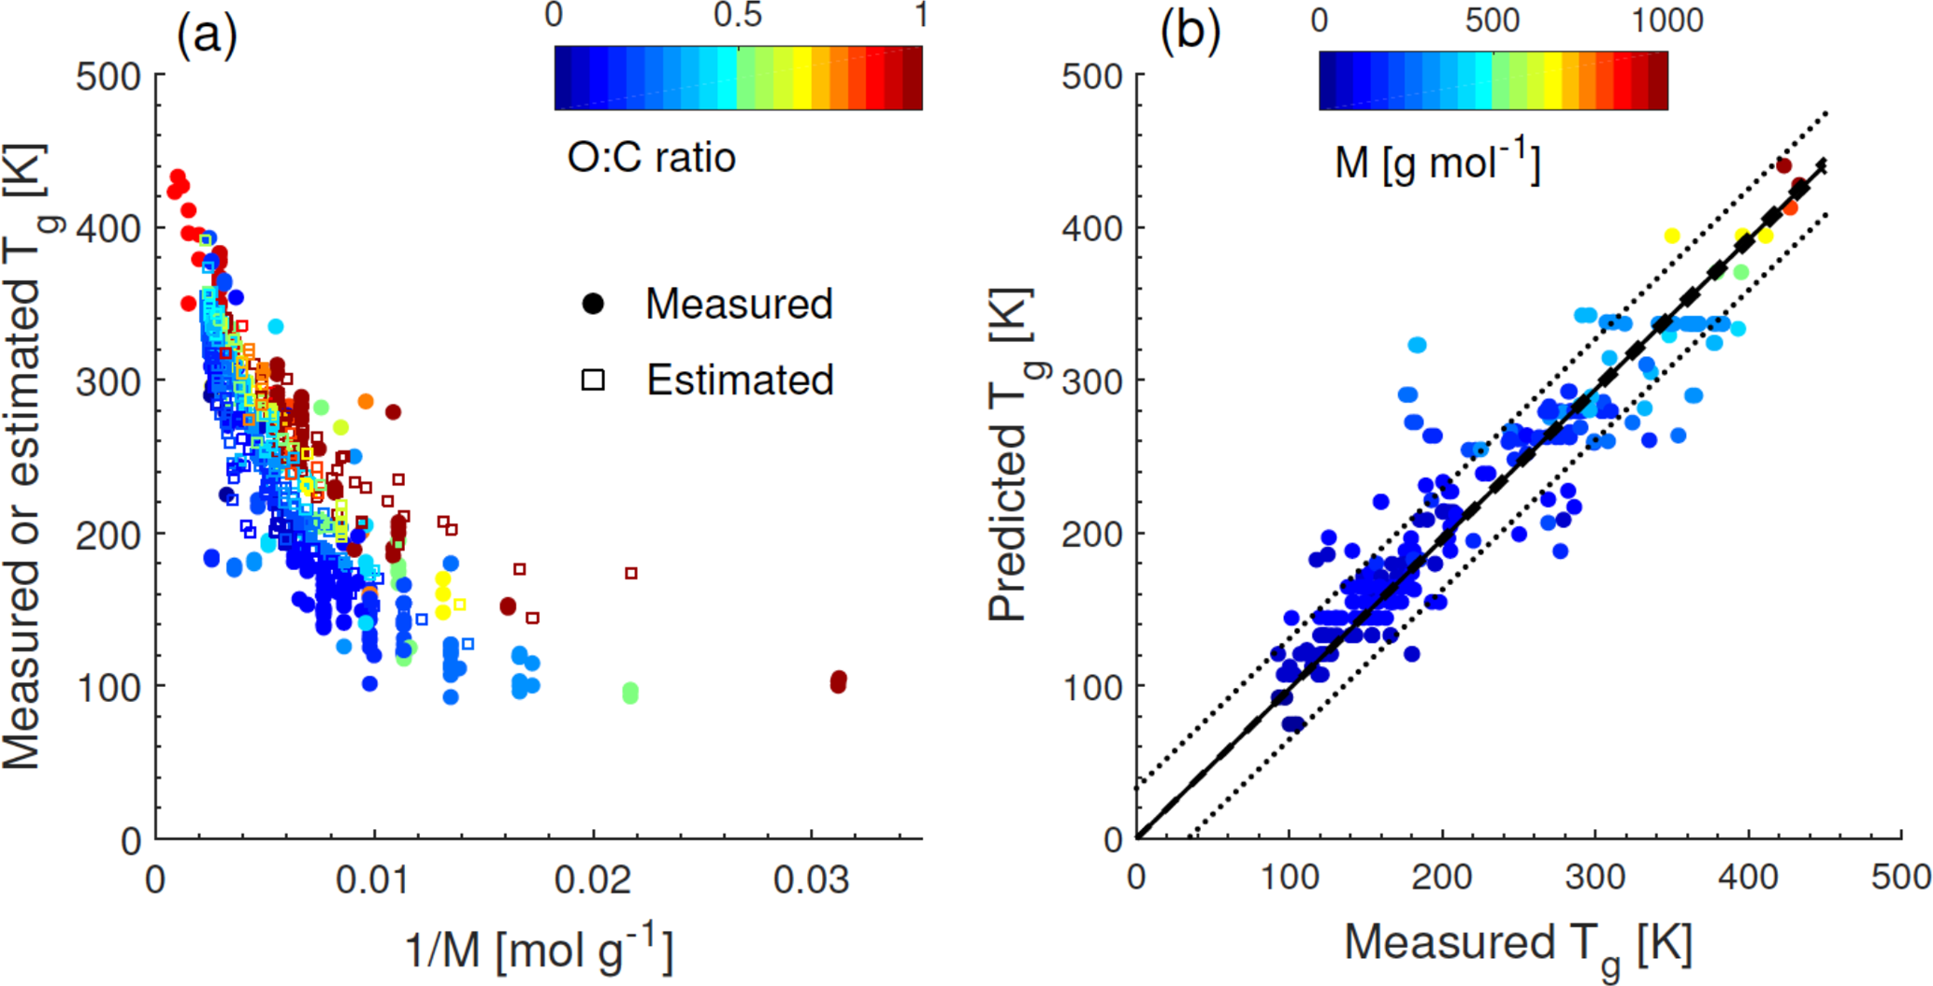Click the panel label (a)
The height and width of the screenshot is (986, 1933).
(x=207, y=35)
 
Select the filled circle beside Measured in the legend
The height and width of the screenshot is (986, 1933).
(x=593, y=304)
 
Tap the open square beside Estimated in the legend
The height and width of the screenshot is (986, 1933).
(x=593, y=379)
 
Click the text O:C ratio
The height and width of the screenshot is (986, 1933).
(x=652, y=157)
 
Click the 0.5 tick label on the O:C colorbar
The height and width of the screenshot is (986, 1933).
(x=737, y=16)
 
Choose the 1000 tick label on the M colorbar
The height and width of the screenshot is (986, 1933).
(x=1666, y=20)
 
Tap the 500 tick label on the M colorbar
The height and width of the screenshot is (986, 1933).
(x=1493, y=20)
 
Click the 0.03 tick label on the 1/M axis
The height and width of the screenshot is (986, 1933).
(x=811, y=880)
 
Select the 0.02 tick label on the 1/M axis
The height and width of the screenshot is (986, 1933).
(x=593, y=880)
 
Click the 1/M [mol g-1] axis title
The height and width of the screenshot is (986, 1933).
(x=539, y=949)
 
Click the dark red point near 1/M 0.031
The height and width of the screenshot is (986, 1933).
(x=838, y=681)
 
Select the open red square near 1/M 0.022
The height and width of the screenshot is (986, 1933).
(x=631, y=573)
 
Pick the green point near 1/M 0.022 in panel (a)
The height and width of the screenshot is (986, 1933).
(x=630, y=693)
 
